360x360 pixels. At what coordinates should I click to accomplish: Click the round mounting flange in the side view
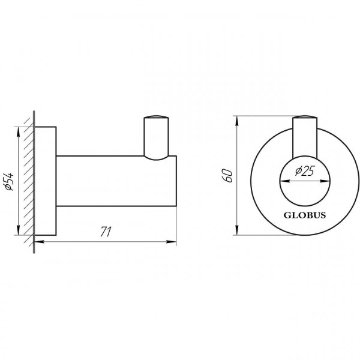pyautogui.click(x=47, y=180)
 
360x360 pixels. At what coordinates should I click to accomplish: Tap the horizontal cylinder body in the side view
pyautogui.click(x=114, y=180)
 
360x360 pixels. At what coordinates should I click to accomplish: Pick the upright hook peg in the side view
pyautogui.click(x=155, y=135)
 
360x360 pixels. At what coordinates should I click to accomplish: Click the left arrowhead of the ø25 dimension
pyautogui.click(x=282, y=181)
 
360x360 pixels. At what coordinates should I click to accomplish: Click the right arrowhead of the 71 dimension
pyautogui.click(x=174, y=242)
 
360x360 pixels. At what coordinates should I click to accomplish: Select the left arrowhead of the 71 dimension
pyautogui.click(x=38, y=242)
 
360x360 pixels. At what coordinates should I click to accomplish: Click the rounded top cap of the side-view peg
pyautogui.click(x=155, y=116)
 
